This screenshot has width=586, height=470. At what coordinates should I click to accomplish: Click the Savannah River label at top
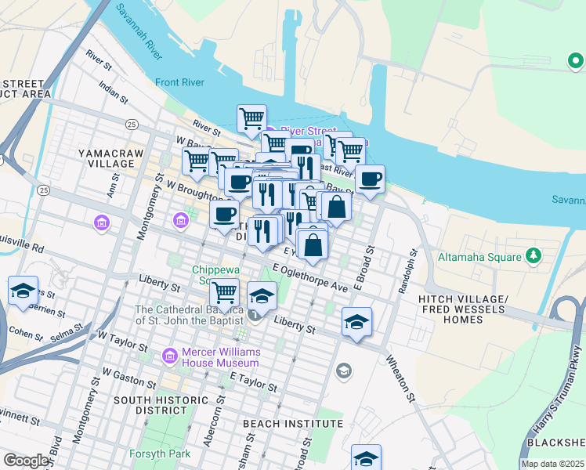139,31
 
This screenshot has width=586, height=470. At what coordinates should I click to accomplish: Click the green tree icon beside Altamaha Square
534,255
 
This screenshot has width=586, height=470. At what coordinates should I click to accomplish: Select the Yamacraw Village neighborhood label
106,158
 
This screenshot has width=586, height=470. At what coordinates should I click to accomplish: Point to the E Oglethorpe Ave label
309,278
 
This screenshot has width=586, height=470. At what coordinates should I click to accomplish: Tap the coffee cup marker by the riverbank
370,179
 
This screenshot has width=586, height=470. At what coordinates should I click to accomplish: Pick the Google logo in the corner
26,461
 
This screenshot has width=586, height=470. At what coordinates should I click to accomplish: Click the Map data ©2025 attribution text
552,464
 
